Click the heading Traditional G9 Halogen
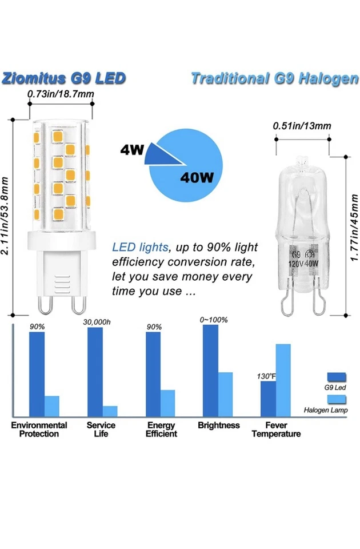pos(274,78)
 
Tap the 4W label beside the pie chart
pos(131,150)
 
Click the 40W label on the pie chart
pos(197,177)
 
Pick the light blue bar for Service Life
pos(110,411)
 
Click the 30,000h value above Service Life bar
pos(98,323)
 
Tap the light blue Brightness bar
pos(225,393)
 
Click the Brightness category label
pos(219,425)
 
